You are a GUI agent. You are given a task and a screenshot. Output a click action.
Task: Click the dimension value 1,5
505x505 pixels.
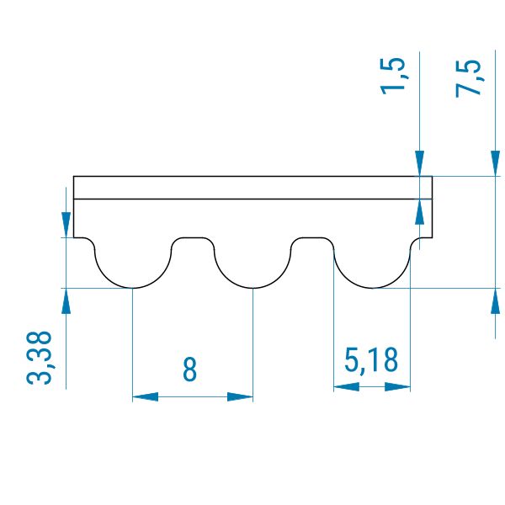pos(396,77)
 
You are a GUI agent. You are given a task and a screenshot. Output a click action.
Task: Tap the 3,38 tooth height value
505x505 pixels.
pos(42,357)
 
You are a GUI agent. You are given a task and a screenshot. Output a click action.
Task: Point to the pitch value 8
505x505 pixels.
pos(191,369)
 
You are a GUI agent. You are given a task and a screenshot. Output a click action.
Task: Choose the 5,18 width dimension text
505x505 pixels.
pos(371,362)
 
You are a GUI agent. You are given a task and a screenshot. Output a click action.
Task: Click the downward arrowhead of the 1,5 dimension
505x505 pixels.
pos(418,164)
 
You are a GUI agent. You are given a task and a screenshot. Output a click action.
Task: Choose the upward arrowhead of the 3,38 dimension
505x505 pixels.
pos(66,300)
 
